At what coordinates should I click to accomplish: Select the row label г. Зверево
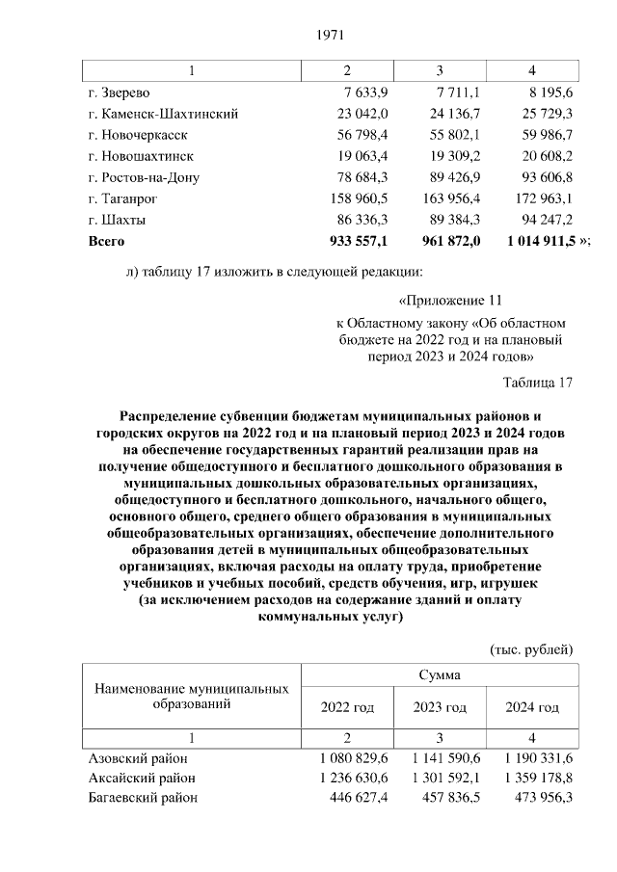pos(119,93)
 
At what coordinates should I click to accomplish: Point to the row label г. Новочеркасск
pos(137,134)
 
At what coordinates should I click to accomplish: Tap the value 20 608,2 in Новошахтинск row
pos(544,155)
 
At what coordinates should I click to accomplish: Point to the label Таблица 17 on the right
pos(537,383)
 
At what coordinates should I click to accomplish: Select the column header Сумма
pos(439,675)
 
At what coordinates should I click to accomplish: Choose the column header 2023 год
pos(440,708)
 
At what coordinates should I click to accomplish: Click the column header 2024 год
pos(532,708)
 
